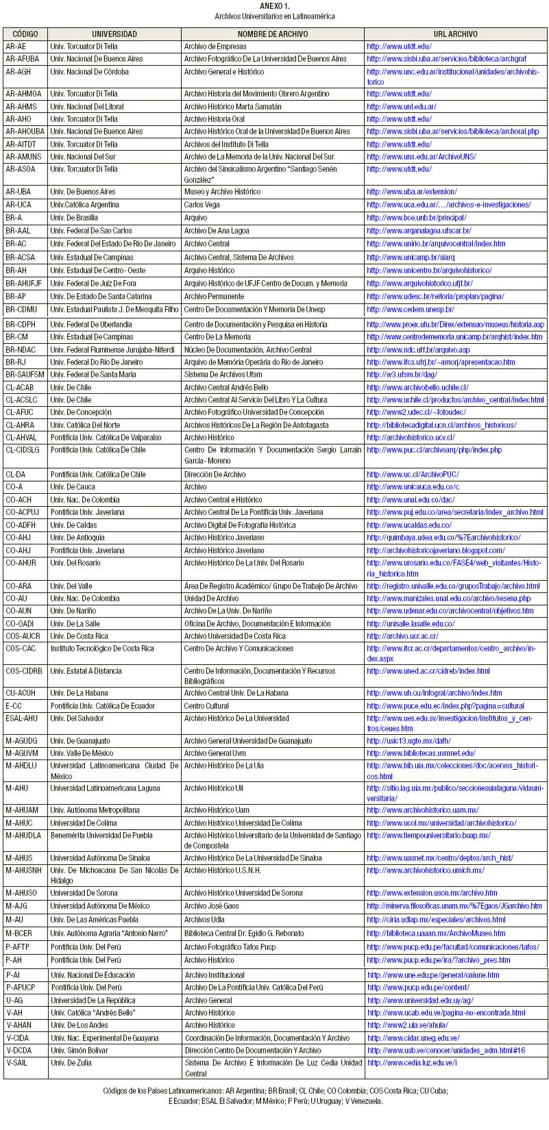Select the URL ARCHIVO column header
[455, 34]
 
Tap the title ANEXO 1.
[274, 5]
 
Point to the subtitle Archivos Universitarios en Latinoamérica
[274, 16]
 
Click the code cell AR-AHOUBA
[25, 131]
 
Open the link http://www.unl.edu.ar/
[401, 107]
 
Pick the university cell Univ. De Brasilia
[74, 218]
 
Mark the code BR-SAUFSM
[25, 375]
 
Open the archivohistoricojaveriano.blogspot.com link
[436, 551]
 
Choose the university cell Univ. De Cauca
[72, 487]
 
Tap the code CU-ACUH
[21, 693]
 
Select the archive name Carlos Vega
[202, 205]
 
